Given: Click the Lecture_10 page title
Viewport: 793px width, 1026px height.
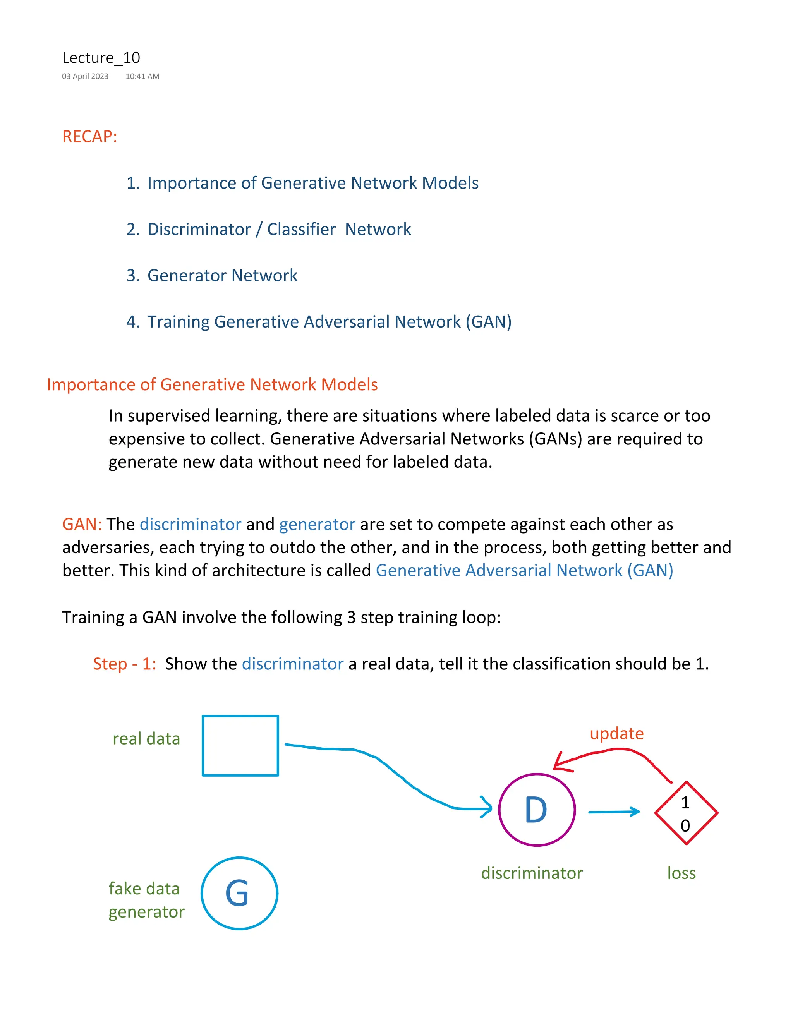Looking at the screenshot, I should coord(101,58).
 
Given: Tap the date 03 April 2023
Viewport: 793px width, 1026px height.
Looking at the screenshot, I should coord(85,76).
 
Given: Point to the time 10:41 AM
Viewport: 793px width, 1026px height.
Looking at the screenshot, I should coord(142,76).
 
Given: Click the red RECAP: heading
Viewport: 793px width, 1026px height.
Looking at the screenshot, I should coord(89,136).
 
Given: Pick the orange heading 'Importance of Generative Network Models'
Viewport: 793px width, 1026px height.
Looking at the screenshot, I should coord(212,384).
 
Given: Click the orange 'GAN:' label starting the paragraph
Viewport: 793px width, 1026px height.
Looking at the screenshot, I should coord(82,524).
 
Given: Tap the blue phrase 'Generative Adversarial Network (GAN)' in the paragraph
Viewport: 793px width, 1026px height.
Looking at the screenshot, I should coord(524,570).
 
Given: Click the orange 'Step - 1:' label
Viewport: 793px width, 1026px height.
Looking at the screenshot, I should coord(124,664).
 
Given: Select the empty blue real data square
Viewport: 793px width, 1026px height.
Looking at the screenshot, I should coord(240,746).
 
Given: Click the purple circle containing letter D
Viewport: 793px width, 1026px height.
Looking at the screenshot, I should coord(537,810).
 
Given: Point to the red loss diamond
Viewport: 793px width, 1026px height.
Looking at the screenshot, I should coord(686,813).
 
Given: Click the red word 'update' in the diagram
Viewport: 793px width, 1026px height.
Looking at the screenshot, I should coord(616,733).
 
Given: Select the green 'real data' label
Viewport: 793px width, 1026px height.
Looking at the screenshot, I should coord(146,738).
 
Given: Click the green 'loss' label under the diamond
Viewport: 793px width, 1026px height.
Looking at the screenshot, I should coord(681,873).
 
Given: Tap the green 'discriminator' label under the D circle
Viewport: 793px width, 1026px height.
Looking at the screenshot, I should coord(531,873).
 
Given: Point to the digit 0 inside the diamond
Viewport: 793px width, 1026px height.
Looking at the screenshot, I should coord(685,825).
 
